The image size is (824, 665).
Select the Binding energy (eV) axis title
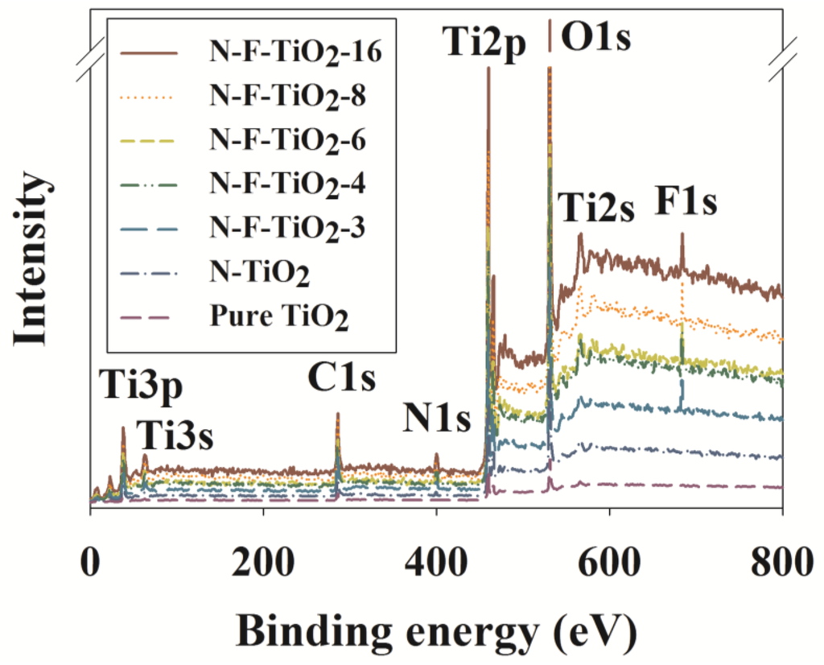(x=436, y=627)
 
